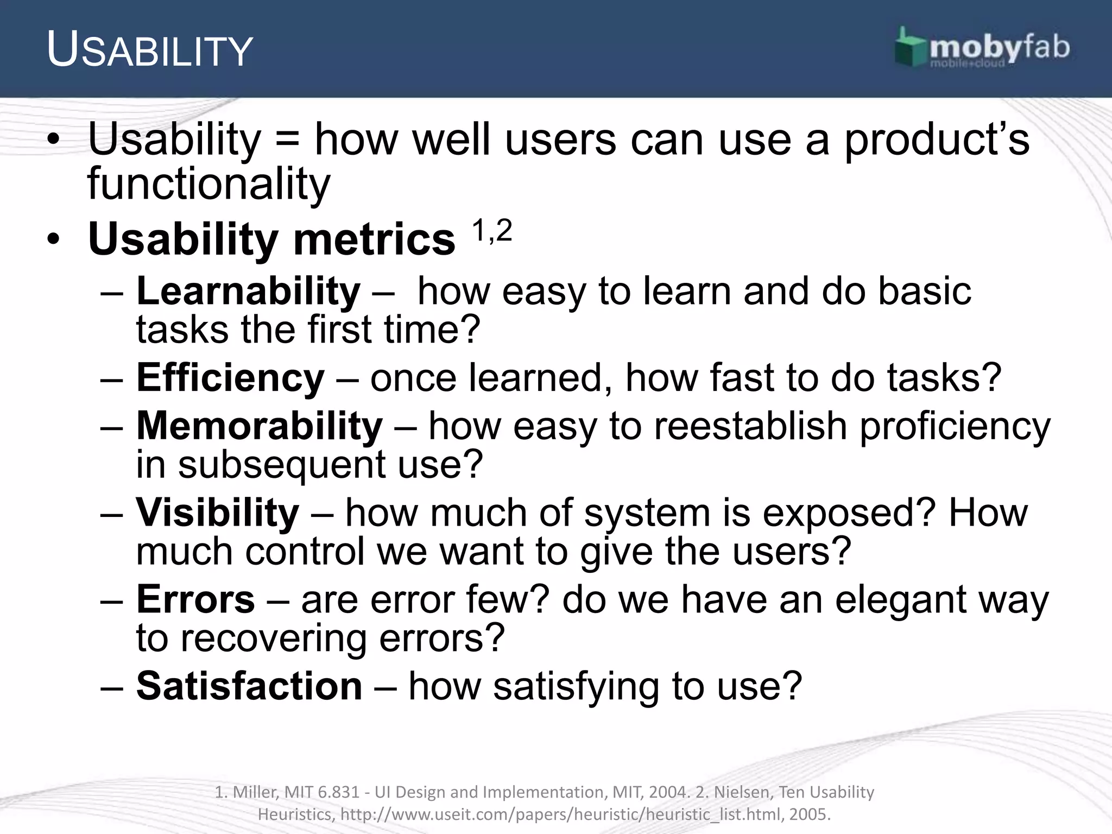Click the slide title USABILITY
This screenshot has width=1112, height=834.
(149, 50)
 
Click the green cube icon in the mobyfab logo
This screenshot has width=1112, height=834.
(911, 48)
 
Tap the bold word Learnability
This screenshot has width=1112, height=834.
(248, 292)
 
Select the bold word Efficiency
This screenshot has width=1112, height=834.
(230, 378)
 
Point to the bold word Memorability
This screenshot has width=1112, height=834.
(260, 426)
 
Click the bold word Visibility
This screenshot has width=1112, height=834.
(217, 513)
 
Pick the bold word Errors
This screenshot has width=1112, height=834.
(195, 599)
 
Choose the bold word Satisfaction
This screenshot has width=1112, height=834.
(249, 686)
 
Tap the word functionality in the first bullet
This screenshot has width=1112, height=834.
(208, 184)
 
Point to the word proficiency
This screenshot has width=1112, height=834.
(956, 427)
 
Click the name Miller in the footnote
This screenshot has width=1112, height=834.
(256, 792)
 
